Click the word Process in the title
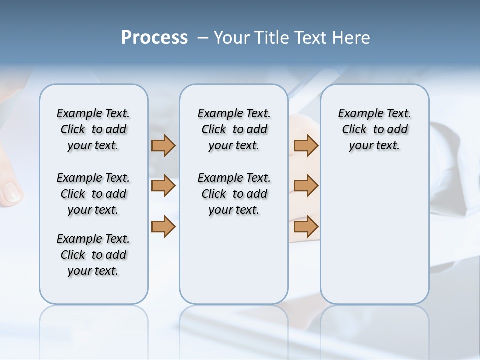[x=154, y=38]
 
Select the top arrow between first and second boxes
[x=163, y=145]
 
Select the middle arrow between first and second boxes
[x=163, y=186]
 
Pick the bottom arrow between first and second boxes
[x=163, y=226]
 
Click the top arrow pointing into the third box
[x=306, y=145]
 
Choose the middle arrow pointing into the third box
[x=306, y=186]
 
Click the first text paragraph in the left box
[x=93, y=129]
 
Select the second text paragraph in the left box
[x=93, y=194]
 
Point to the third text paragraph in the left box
[x=93, y=255]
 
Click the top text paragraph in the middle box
[x=234, y=129]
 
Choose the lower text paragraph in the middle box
[x=234, y=194]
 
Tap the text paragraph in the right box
[x=374, y=129]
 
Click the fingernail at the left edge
[x=11, y=192]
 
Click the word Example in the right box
[x=356, y=113]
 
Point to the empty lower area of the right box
[x=374, y=235]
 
